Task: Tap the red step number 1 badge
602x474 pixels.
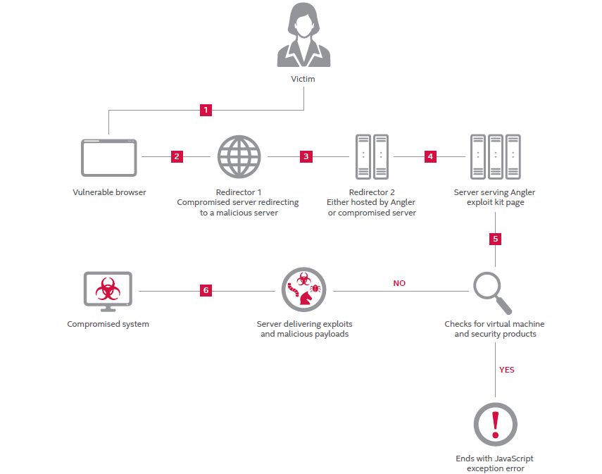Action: tap(206, 110)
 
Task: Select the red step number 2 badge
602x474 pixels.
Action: tap(177, 156)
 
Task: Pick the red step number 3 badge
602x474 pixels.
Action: tap(306, 156)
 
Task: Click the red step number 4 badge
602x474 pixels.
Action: tap(430, 156)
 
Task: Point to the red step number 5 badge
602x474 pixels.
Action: tap(495, 239)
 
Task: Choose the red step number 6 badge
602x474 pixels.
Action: tap(206, 289)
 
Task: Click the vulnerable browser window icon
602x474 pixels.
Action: tap(109, 157)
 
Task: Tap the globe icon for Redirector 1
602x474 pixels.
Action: tap(239, 156)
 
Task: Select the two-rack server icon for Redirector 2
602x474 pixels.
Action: tap(371, 156)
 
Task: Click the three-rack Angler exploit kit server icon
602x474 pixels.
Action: tap(495, 156)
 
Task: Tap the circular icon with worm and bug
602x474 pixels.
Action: tap(304, 289)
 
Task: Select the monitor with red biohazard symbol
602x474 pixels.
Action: tap(108, 291)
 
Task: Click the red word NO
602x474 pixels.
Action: tap(399, 283)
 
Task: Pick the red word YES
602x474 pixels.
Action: tap(506, 369)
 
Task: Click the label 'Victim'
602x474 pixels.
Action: tap(303, 79)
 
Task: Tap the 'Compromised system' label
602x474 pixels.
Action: tap(108, 324)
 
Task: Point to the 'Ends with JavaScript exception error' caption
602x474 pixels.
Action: tap(495, 463)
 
